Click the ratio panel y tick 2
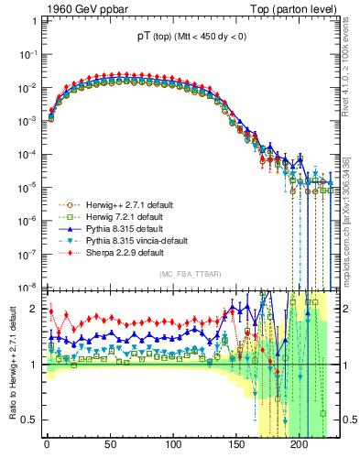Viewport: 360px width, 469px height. coord(35,309)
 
